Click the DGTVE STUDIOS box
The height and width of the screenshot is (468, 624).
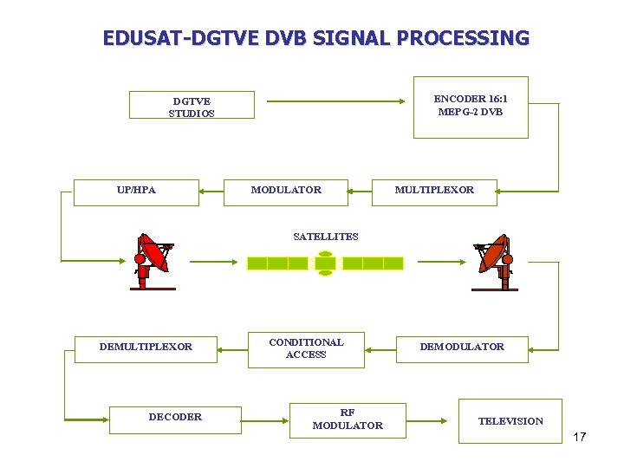pos(192,105)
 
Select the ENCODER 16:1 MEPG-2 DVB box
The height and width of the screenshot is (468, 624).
pos(470,107)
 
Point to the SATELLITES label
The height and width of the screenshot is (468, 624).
pos(325,237)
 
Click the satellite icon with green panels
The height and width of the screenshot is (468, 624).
pos(325,263)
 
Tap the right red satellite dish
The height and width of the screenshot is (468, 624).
pos(494,260)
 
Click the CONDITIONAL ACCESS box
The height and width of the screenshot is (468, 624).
pos(306,349)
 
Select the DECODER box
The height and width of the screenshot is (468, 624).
pos(175,419)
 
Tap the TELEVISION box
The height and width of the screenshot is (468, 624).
pos(510,421)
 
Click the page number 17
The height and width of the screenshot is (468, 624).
pos(579,437)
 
